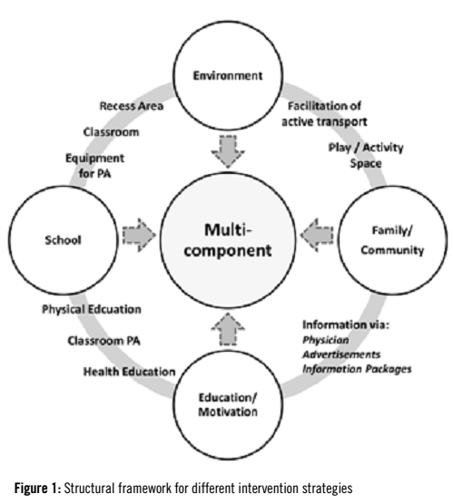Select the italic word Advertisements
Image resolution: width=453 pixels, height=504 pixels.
tap(339, 354)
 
